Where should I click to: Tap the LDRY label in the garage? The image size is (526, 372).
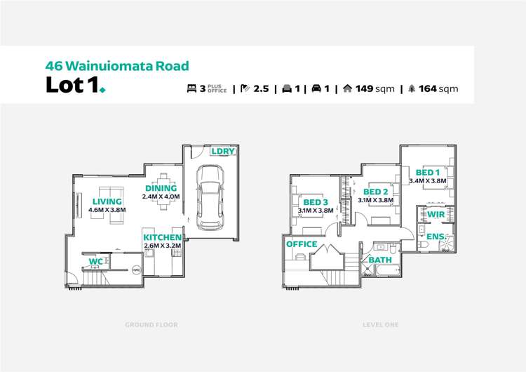[x=223, y=152]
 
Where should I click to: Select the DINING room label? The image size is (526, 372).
[x=161, y=188]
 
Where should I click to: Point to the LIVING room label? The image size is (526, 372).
[x=107, y=201]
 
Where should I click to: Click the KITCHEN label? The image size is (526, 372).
[x=162, y=237]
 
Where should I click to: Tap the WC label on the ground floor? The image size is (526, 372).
[x=95, y=263]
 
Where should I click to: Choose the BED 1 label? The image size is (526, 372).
[x=427, y=172]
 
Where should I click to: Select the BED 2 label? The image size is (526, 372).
[x=376, y=192]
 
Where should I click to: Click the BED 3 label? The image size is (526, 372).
[x=316, y=201]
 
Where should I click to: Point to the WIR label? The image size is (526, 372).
[x=436, y=214]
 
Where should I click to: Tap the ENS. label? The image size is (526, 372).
[x=436, y=237]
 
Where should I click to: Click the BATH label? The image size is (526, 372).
[x=380, y=260]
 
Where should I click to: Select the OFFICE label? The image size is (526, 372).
[x=302, y=244]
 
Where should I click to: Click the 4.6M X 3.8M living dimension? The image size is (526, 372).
[x=107, y=210]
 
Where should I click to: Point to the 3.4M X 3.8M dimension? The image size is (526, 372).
[x=427, y=180]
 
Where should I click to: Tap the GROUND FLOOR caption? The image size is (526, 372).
[x=151, y=325]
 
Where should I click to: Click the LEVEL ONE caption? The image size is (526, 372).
[x=381, y=325]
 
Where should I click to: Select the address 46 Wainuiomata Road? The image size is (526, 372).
[x=117, y=66]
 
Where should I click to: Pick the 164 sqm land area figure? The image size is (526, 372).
[x=438, y=88]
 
